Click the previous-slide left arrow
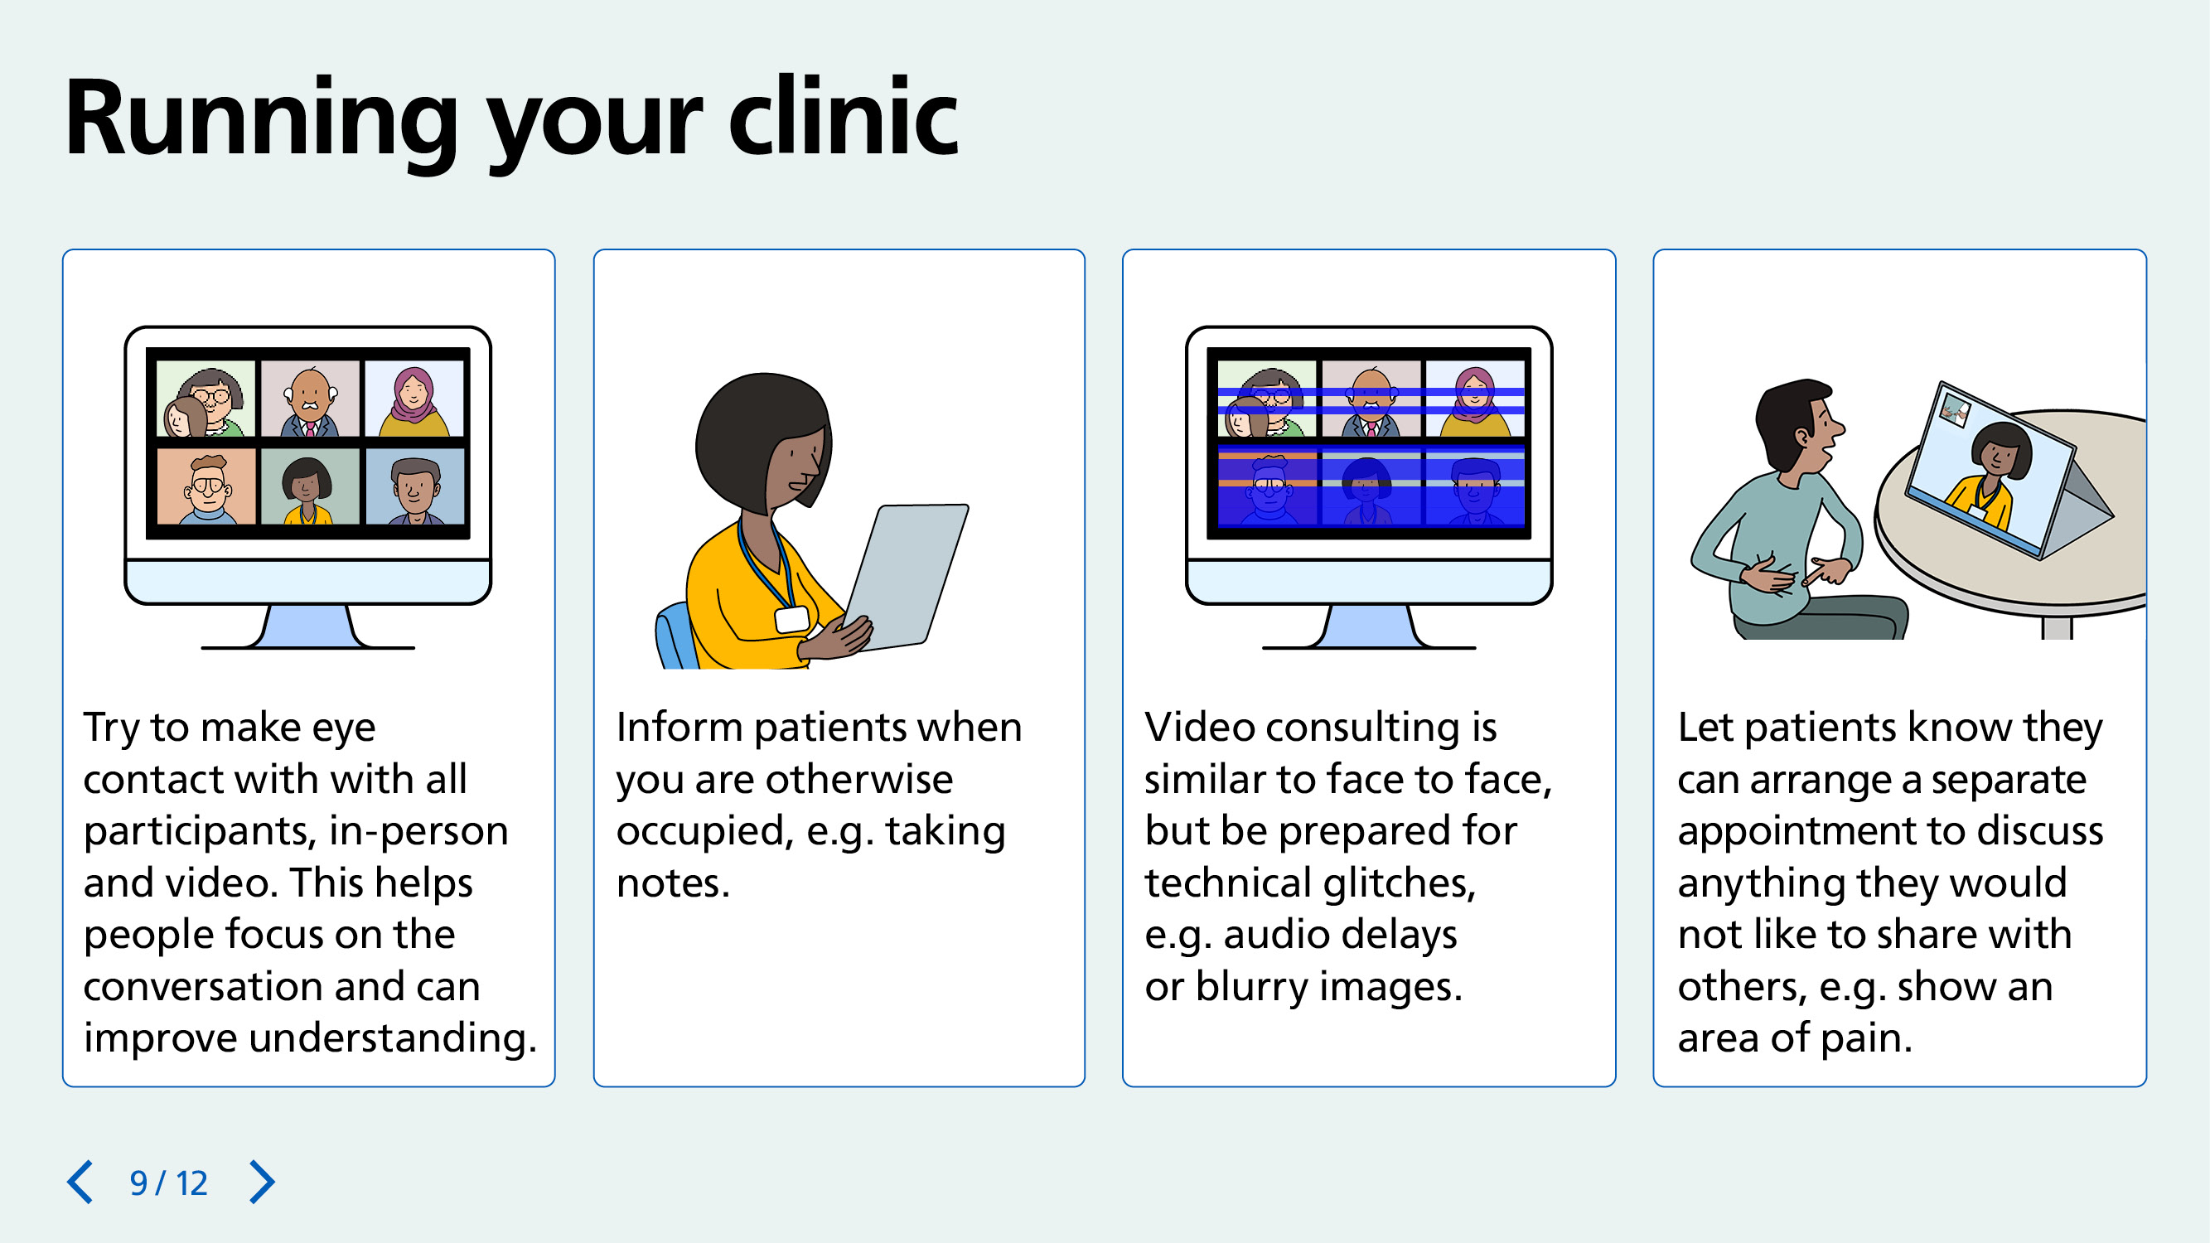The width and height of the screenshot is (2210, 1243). (80, 1183)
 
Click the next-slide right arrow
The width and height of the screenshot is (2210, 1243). (262, 1183)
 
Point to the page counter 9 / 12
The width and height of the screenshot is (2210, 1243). (169, 1183)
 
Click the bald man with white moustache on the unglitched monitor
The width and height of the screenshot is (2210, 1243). (310, 399)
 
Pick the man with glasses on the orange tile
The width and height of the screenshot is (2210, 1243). (207, 487)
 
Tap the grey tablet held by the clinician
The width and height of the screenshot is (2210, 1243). (906, 575)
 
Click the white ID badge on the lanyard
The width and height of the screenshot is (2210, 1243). (792, 619)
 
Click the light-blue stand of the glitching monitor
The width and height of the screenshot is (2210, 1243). (1369, 626)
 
